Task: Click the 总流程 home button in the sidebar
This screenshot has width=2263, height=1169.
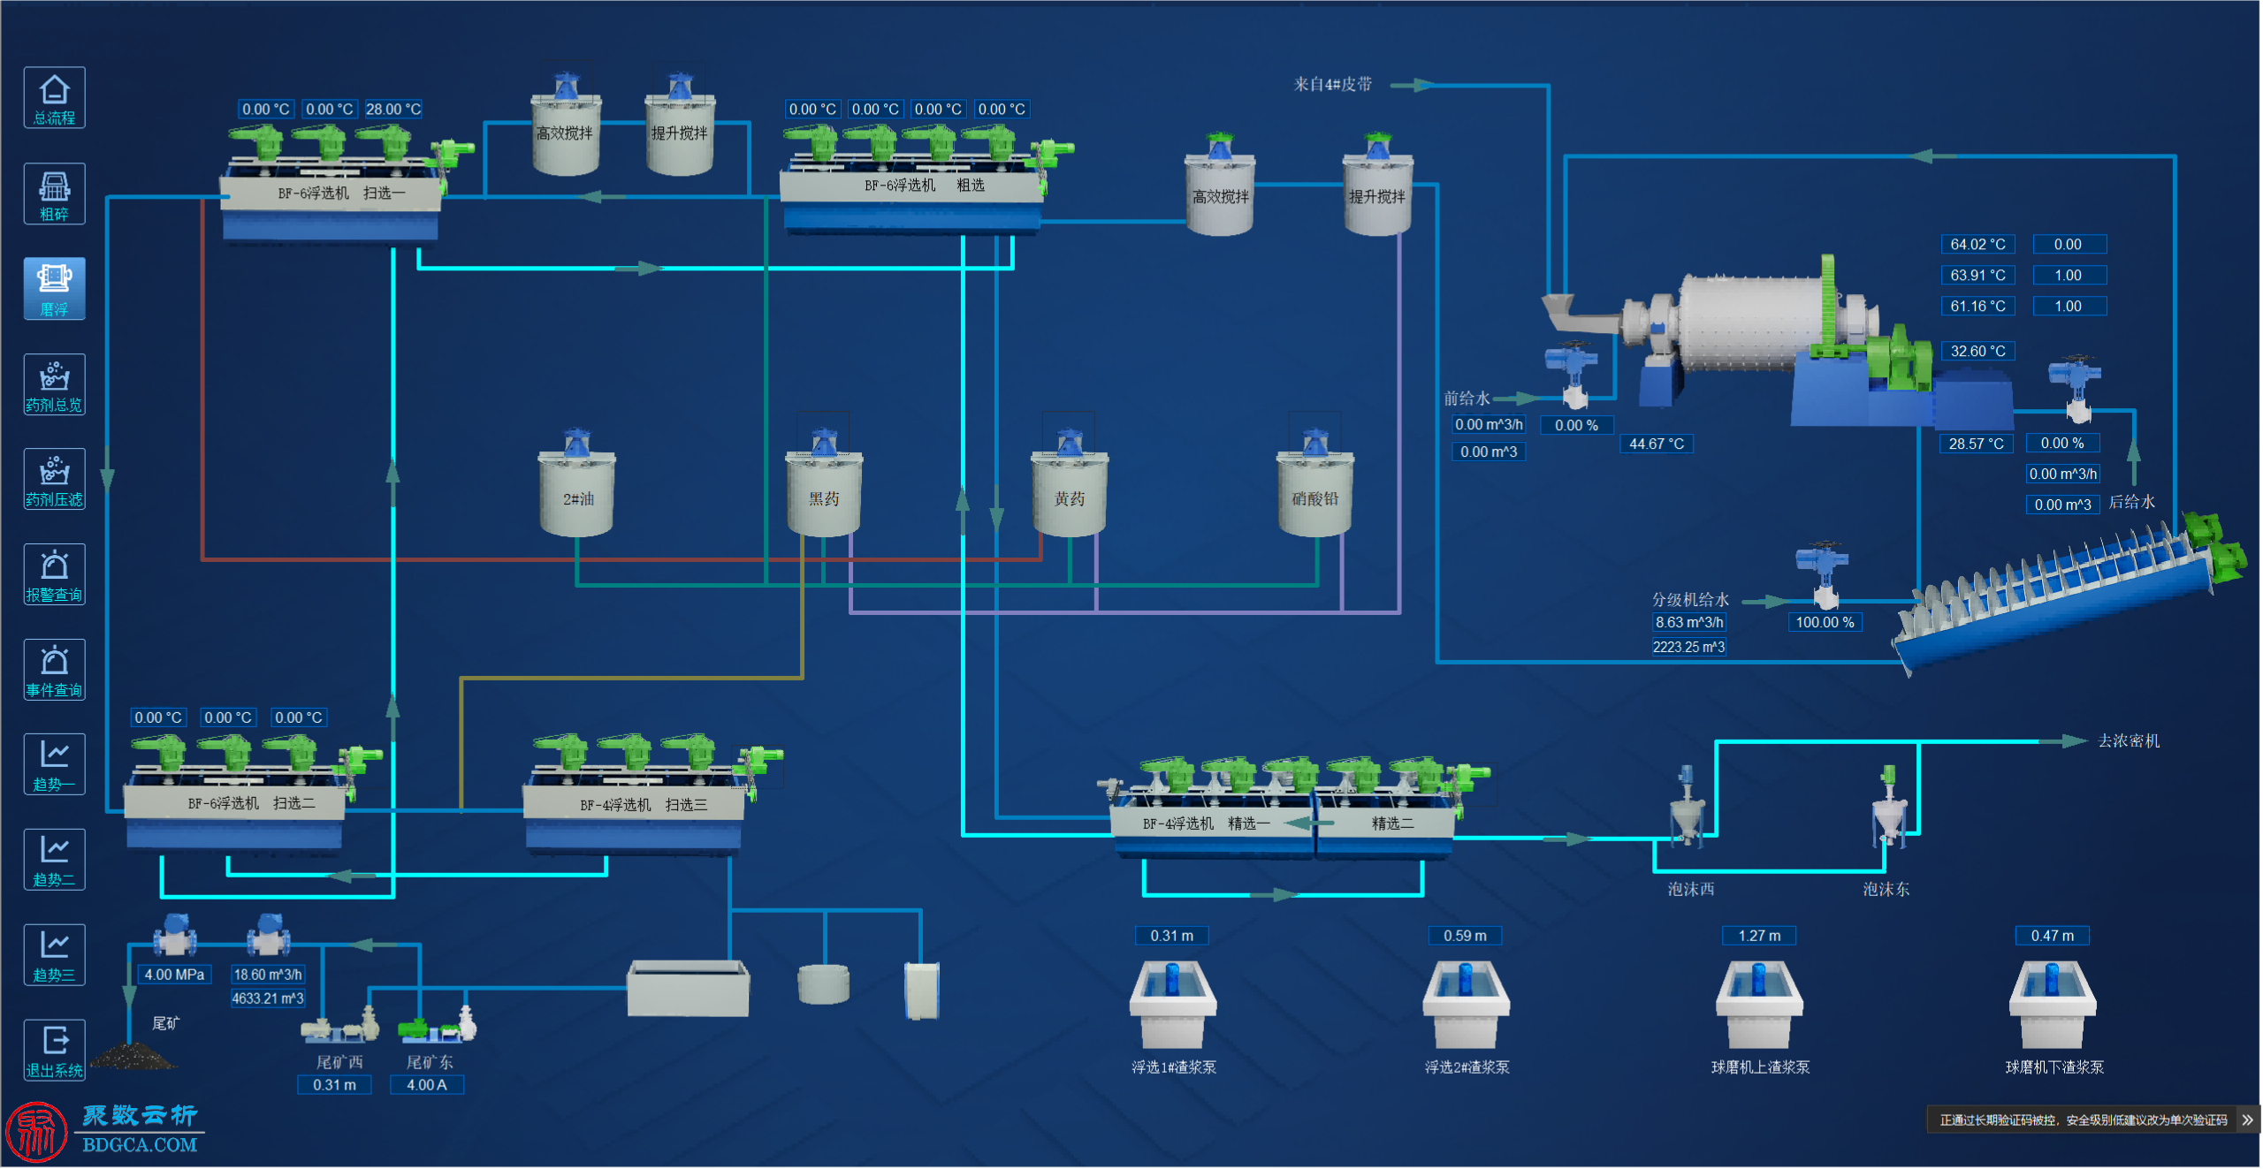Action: [54, 98]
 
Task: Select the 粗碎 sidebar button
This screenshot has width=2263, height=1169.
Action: [54, 194]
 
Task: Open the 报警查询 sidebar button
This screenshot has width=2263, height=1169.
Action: [54, 574]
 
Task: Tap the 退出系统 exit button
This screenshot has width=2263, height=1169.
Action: [54, 1050]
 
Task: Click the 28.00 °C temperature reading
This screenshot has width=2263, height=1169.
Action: [393, 110]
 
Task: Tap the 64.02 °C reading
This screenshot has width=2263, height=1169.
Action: [1978, 245]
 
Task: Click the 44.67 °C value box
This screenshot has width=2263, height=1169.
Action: [1657, 444]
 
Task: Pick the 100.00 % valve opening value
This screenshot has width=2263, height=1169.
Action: [1825, 623]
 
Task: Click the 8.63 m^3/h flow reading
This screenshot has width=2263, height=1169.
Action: [1689, 623]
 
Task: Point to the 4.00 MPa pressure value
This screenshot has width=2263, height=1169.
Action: [175, 975]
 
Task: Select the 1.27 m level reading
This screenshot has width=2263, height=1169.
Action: [1759, 937]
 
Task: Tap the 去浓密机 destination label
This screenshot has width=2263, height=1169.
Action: [2129, 741]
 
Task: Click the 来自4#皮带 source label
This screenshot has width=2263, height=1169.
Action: [1333, 85]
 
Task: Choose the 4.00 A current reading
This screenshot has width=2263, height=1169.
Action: [427, 1086]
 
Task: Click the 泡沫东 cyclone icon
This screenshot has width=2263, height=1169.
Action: [1888, 807]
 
